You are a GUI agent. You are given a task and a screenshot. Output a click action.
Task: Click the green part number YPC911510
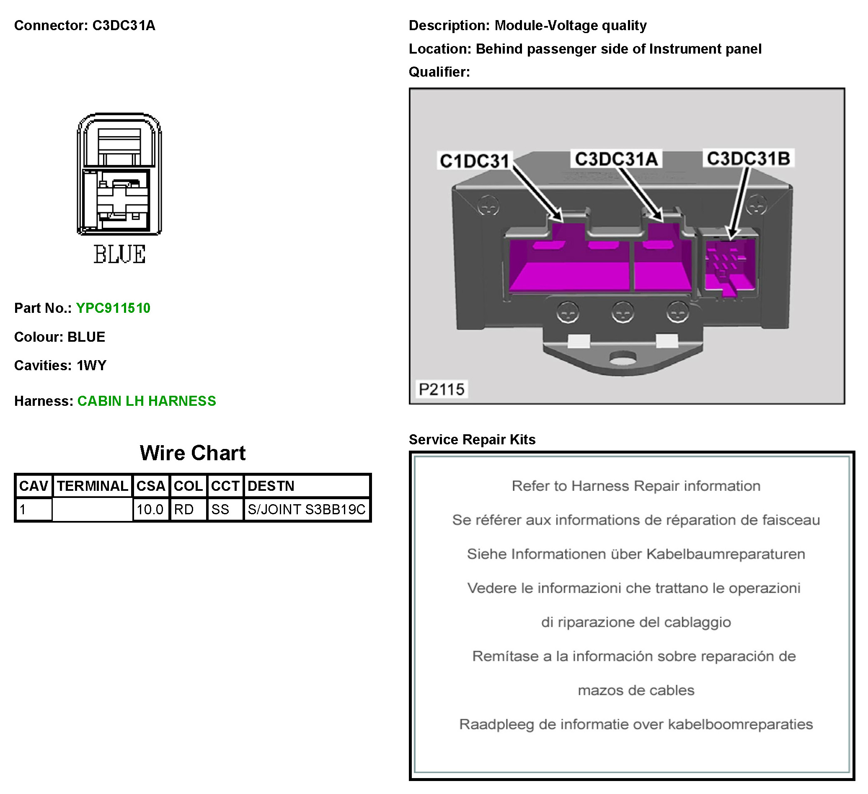click(x=113, y=308)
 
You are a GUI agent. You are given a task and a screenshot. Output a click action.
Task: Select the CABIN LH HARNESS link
click(x=147, y=401)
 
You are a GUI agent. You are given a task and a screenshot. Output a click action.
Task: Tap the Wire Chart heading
click(x=192, y=453)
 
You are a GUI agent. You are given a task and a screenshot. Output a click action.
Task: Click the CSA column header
click(x=151, y=486)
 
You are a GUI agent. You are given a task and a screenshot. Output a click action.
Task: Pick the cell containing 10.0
click(x=151, y=510)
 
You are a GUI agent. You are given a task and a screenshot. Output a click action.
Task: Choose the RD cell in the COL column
click(x=188, y=510)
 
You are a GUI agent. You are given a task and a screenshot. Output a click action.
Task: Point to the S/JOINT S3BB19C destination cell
click(x=307, y=510)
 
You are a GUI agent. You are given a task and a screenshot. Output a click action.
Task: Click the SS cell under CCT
click(x=225, y=510)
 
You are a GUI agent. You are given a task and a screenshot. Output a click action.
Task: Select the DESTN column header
click(x=307, y=486)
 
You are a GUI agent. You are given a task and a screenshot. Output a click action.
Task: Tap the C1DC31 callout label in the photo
click(x=475, y=161)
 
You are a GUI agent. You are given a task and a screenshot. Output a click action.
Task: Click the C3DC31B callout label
click(x=748, y=158)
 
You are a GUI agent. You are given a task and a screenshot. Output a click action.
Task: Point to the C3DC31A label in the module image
click(x=616, y=159)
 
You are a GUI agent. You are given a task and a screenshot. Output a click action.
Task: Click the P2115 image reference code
click(x=442, y=389)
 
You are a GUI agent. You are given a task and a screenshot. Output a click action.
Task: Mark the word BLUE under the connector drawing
click(x=120, y=254)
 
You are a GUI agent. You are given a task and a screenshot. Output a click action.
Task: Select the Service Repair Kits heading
click(x=472, y=440)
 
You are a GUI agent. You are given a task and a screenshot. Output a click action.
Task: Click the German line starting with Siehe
click(x=636, y=554)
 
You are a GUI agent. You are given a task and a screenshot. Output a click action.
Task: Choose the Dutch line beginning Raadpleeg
click(x=636, y=725)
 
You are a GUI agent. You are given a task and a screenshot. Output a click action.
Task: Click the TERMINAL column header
click(x=93, y=486)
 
